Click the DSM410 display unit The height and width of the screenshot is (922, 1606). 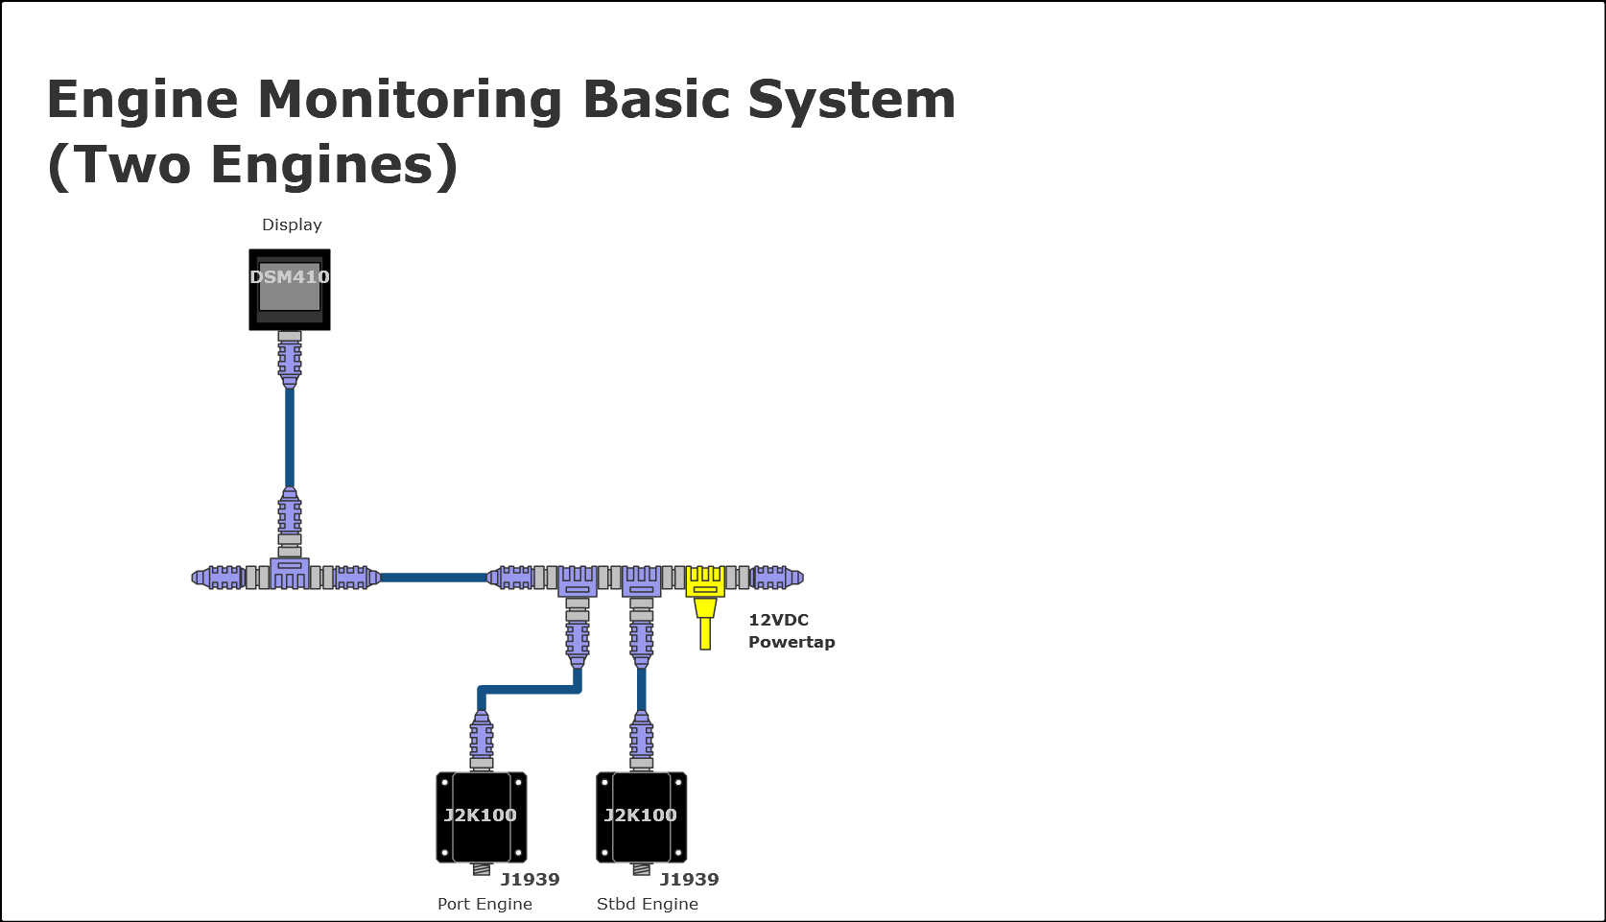[290, 290]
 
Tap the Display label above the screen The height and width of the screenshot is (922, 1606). [292, 225]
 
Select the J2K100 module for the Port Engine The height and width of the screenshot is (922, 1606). [481, 816]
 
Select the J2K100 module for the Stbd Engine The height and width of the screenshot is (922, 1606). [641, 816]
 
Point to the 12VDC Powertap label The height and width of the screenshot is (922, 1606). [791, 631]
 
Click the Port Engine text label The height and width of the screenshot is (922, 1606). [484, 904]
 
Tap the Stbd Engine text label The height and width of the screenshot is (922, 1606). [647, 904]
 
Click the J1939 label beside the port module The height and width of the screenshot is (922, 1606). [530, 879]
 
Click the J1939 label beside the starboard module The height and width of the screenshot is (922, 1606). [689, 879]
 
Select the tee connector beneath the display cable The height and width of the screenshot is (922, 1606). [290, 573]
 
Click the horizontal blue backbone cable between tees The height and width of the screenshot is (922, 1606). [434, 578]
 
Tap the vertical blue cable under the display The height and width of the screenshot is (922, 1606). [290, 437]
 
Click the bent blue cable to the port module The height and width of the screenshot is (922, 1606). [528, 689]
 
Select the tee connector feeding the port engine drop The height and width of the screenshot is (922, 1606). [578, 580]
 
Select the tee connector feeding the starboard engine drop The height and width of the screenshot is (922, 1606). [641, 580]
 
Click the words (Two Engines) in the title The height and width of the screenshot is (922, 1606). [252, 164]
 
